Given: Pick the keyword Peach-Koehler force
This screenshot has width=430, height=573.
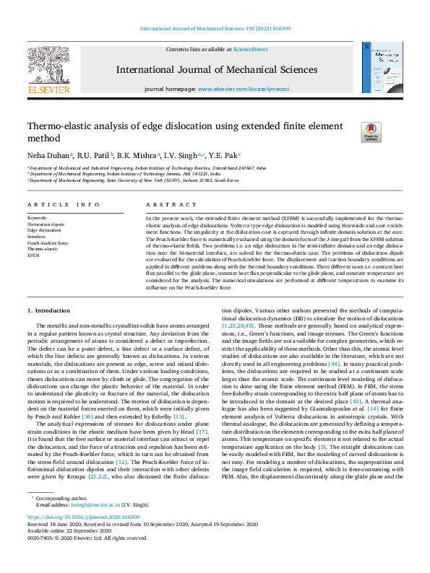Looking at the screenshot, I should [x=48, y=243].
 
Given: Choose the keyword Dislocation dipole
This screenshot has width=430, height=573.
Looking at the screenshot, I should [x=46, y=224].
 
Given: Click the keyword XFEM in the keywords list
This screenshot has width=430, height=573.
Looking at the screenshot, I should [x=34, y=255].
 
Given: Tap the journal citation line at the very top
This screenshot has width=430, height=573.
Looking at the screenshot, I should [x=215, y=29].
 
